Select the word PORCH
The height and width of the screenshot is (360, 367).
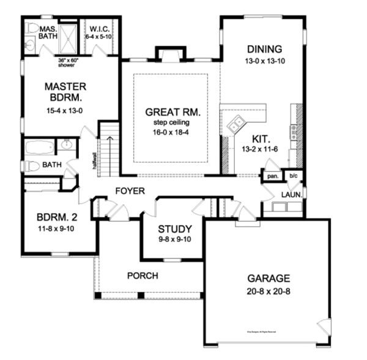tap(142, 276)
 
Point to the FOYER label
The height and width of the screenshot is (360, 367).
tap(130, 191)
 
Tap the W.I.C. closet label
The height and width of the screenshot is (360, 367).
tap(99, 29)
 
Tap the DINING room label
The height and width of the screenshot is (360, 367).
tap(264, 49)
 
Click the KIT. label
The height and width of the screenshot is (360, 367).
tap(253, 138)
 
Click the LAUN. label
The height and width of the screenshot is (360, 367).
tap(290, 194)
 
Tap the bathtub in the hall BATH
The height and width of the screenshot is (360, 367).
tap(38, 147)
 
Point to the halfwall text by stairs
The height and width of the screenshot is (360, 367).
tap(95, 160)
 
